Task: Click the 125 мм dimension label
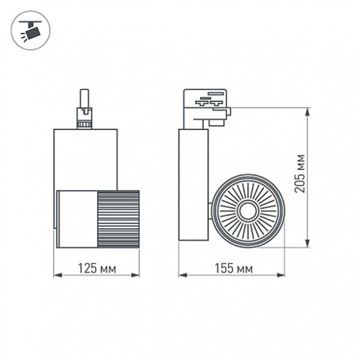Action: pyautogui.click(x=96, y=268)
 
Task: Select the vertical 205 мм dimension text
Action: pyautogui.click(x=299, y=174)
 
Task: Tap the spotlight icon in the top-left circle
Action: pyautogui.click(x=29, y=29)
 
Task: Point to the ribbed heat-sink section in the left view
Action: pyautogui.click(x=117, y=218)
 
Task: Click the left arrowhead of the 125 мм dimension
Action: pyautogui.click(x=56, y=275)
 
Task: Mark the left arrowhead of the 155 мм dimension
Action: pyautogui.click(x=181, y=275)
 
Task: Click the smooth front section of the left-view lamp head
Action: pyautogui.click(x=75, y=218)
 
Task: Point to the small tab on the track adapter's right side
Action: pyautogui.click(x=229, y=112)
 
